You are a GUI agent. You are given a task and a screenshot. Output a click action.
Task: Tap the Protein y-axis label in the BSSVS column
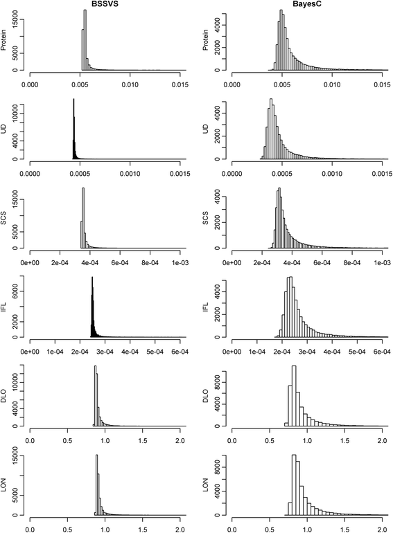[6, 39]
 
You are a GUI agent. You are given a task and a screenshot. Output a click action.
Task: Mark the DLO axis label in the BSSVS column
[6, 396]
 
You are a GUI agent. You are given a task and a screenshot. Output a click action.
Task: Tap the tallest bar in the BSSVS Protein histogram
[85, 40]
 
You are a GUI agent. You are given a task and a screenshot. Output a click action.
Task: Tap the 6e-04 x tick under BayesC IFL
[381, 351]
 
